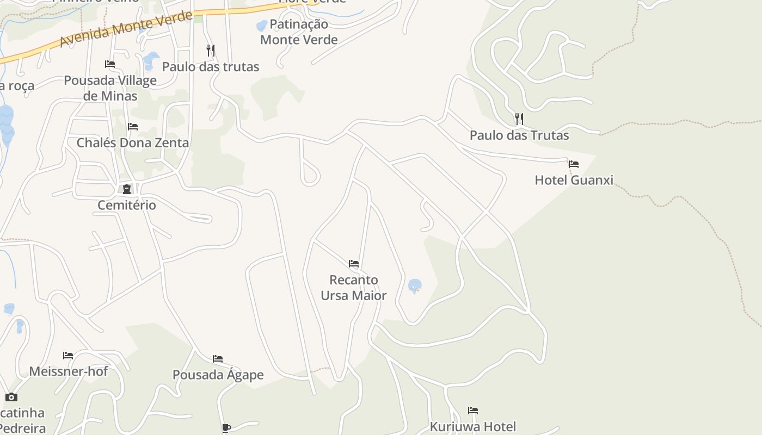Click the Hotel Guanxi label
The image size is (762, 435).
click(574, 180)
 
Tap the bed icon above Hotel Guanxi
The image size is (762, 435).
click(573, 164)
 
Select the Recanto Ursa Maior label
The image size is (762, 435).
click(354, 288)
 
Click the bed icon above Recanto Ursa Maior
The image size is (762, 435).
click(354, 264)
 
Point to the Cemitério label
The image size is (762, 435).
click(127, 205)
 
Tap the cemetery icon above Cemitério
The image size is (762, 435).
click(127, 189)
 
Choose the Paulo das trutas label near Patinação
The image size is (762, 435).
click(211, 67)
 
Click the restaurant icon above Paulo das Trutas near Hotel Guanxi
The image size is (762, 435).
click(519, 119)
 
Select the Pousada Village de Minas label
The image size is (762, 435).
click(110, 88)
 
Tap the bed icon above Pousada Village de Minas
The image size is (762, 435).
click(110, 64)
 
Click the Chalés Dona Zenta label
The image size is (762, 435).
click(133, 143)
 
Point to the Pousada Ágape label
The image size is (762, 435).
click(218, 375)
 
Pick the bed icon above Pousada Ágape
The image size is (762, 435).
click(218, 358)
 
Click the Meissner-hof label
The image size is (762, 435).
click(69, 371)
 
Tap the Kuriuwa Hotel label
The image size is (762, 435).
click(473, 426)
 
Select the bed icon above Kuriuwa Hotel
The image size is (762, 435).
click(473, 410)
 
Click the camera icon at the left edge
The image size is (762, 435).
click(11, 397)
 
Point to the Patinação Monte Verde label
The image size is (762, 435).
click(299, 32)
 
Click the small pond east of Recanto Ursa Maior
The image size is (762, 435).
click(415, 285)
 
